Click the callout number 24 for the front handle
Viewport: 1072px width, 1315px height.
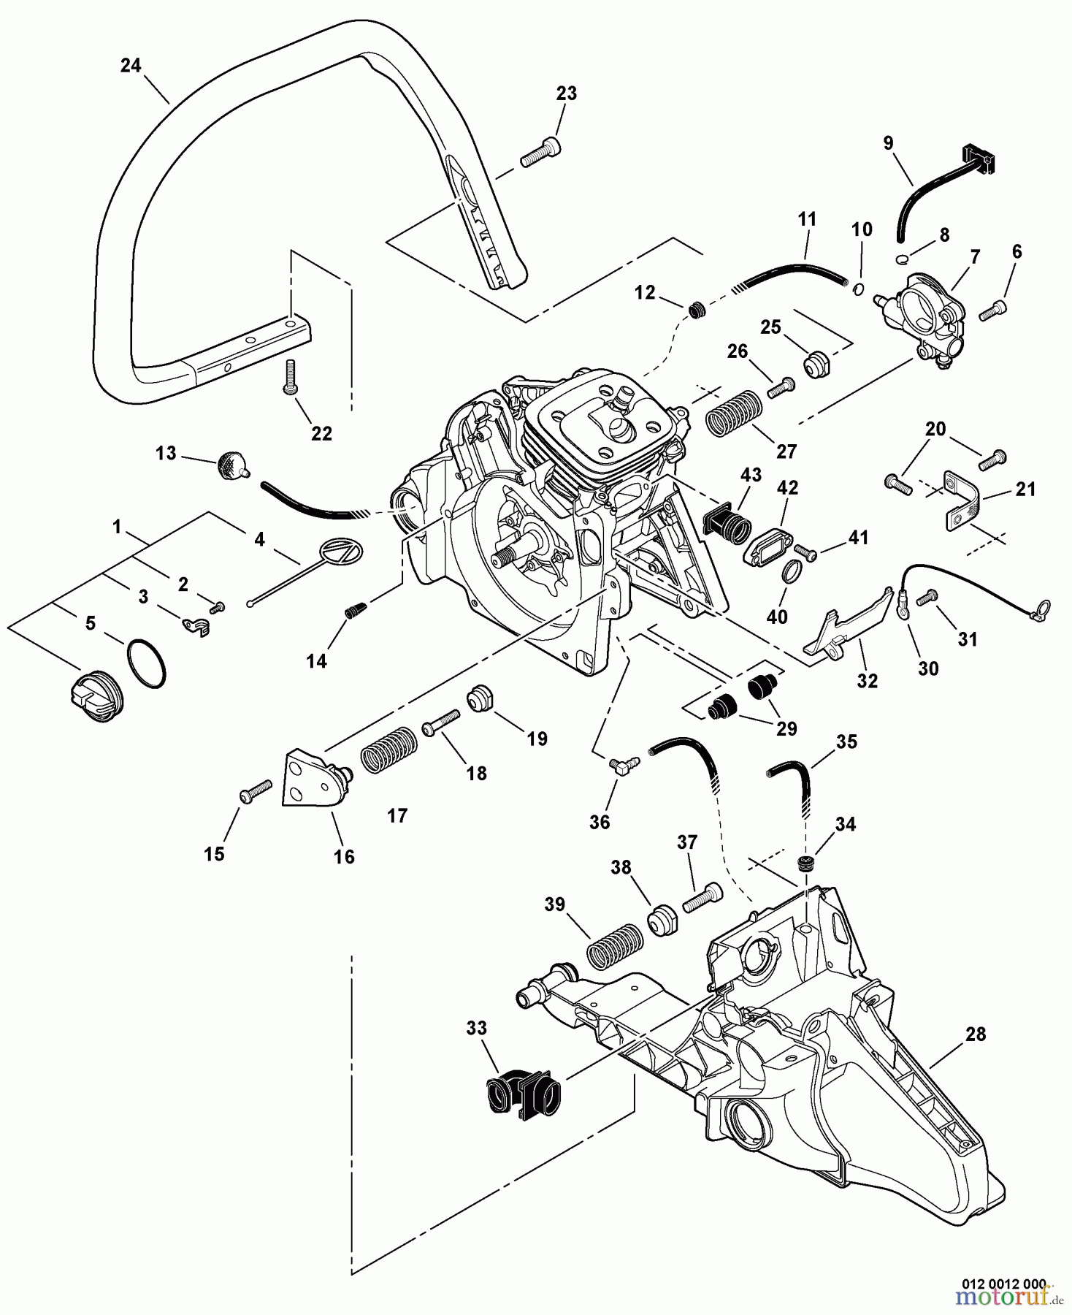pos(130,66)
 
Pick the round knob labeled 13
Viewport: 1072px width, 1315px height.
pos(231,465)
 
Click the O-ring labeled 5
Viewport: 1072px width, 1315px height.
pos(146,663)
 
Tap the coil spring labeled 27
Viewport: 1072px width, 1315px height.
pos(733,413)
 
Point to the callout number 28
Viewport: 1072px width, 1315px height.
pos(975,1034)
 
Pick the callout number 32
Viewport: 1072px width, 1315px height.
pos(867,680)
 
